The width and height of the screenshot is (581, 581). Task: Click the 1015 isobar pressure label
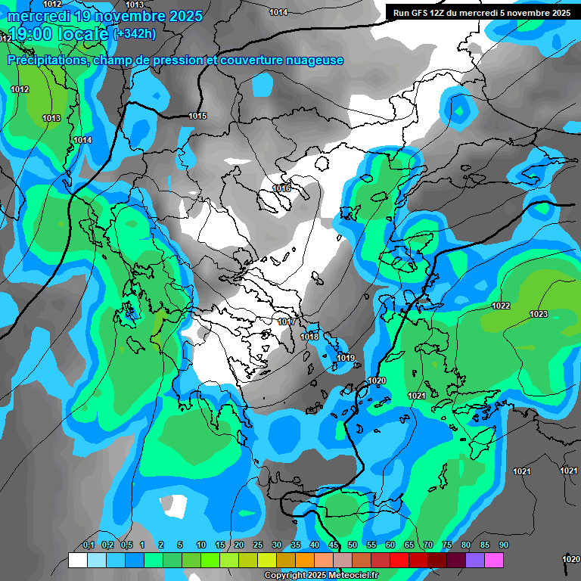pyautogui.click(x=197, y=116)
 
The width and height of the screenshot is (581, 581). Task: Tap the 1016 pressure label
pyautogui.click(x=281, y=188)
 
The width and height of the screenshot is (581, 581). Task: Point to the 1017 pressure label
pyautogui.click(x=286, y=322)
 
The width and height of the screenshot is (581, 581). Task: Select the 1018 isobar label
pyautogui.click(x=309, y=337)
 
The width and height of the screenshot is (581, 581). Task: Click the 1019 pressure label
pyautogui.click(x=346, y=358)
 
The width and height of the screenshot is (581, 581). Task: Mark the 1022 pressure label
pyautogui.click(x=501, y=306)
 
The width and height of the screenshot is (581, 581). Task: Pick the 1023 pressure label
pyautogui.click(x=539, y=314)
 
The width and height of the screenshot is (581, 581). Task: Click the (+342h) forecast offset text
pyautogui.click(x=135, y=34)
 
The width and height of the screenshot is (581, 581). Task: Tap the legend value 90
pyautogui.click(x=503, y=545)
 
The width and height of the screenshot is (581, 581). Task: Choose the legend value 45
pyautogui.click(x=334, y=545)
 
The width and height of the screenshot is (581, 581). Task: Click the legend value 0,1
pyautogui.click(x=88, y=545)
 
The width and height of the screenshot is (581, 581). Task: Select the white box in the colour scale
pyautogui.click(x=77, y=560)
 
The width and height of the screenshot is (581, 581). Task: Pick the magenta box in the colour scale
pyautogui.click(x=494, y=560)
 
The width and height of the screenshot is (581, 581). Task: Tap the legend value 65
pyautogui.click(x=409, y=545)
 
